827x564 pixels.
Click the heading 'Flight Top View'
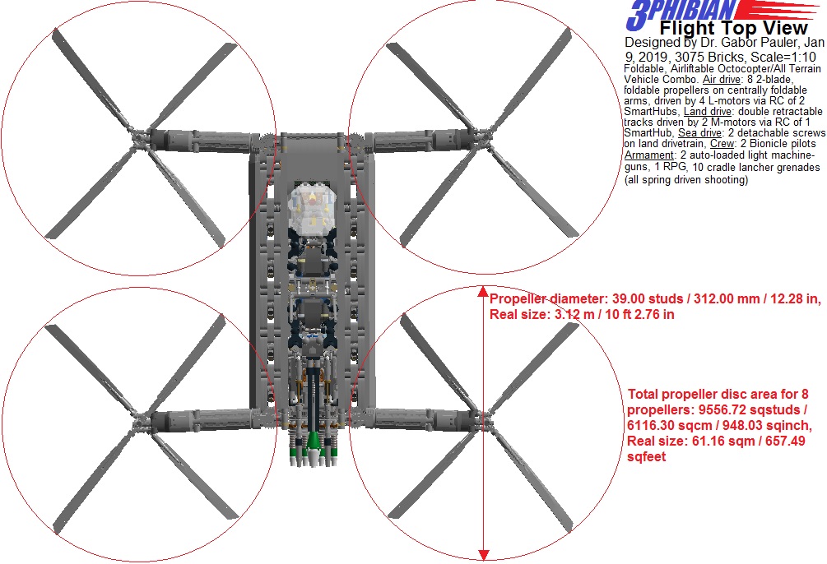[x=734, y=27]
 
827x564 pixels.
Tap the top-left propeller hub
[x=138, y=137]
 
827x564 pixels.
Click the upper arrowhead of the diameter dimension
[x=483, y=292]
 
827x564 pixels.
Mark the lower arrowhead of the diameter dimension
[x=483, y=554]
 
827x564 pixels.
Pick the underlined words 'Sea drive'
[x=699, y=133]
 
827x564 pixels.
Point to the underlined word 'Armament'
[x=648, y=155]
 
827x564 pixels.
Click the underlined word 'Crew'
[x=722, y=144]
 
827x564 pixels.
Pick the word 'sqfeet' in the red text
[x=646, y=456]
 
